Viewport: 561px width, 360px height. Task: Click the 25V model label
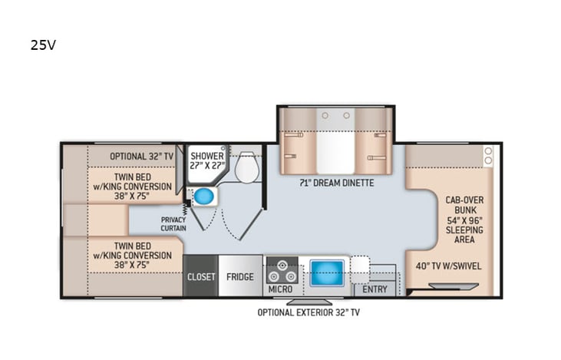(x=43, y=45)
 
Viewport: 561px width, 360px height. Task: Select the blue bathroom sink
(x=203, y=197)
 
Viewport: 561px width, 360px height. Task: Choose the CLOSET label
(x=201, y=276)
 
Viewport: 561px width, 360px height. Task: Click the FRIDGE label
(x=239, y=276)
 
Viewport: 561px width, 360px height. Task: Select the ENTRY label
(x=375, y=290)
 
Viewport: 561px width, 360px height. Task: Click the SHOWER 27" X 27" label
(x=207, y=160)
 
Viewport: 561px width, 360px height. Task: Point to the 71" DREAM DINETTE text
(x=336, y=183)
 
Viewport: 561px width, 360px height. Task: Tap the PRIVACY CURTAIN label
(x=173, y=224)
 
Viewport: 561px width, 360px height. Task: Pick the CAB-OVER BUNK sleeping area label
(x=464, y=219)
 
